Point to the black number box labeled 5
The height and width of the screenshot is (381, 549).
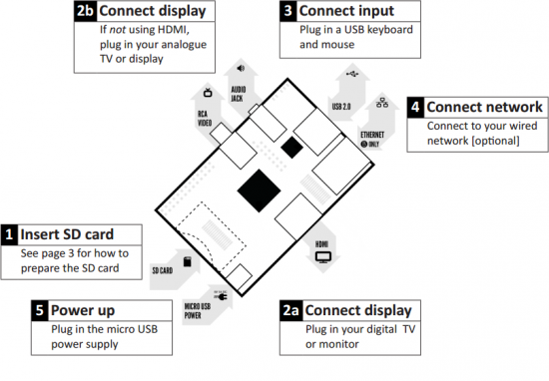37,310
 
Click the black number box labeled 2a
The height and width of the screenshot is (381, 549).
290,310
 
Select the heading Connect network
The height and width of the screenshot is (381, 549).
485,107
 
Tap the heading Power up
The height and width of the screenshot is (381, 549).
84,310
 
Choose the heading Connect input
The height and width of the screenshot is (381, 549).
345,11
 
